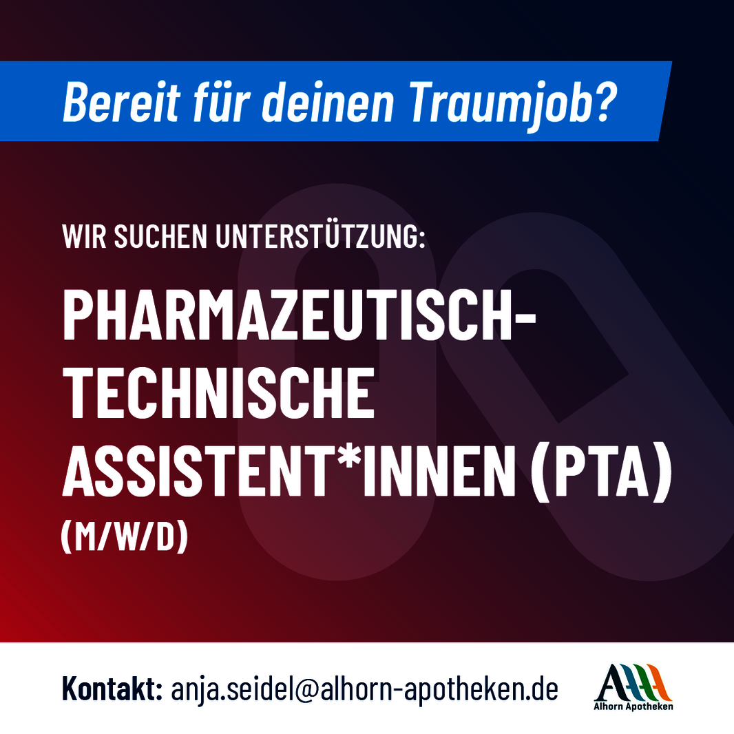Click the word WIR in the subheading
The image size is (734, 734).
[84, 236]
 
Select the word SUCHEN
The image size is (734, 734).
[160, 236]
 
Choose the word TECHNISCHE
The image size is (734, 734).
[219, 392]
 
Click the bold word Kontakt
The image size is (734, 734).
[112, 689]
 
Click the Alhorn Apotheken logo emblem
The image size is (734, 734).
[633, 682]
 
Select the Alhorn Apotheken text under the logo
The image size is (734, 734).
[633, 706]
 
